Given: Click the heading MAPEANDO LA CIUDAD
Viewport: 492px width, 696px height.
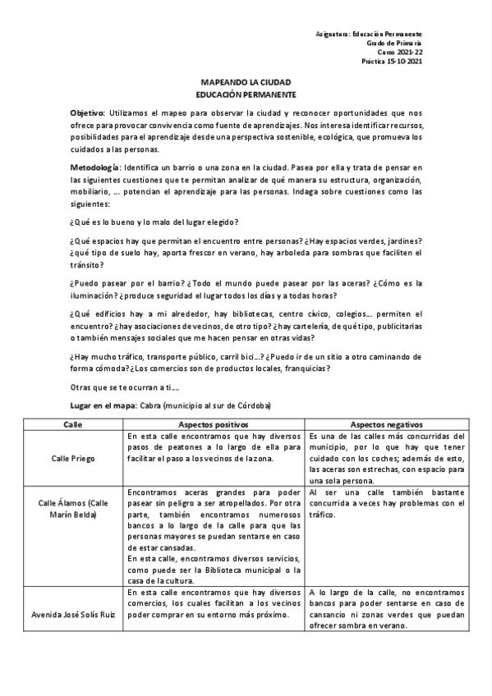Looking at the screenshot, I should point(246,84).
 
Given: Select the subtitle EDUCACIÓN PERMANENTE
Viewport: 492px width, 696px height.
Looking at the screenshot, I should point(246,95).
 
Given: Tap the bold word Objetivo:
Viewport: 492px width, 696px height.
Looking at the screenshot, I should point(88,112).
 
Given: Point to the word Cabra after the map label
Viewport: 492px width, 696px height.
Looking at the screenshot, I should point(149,406).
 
